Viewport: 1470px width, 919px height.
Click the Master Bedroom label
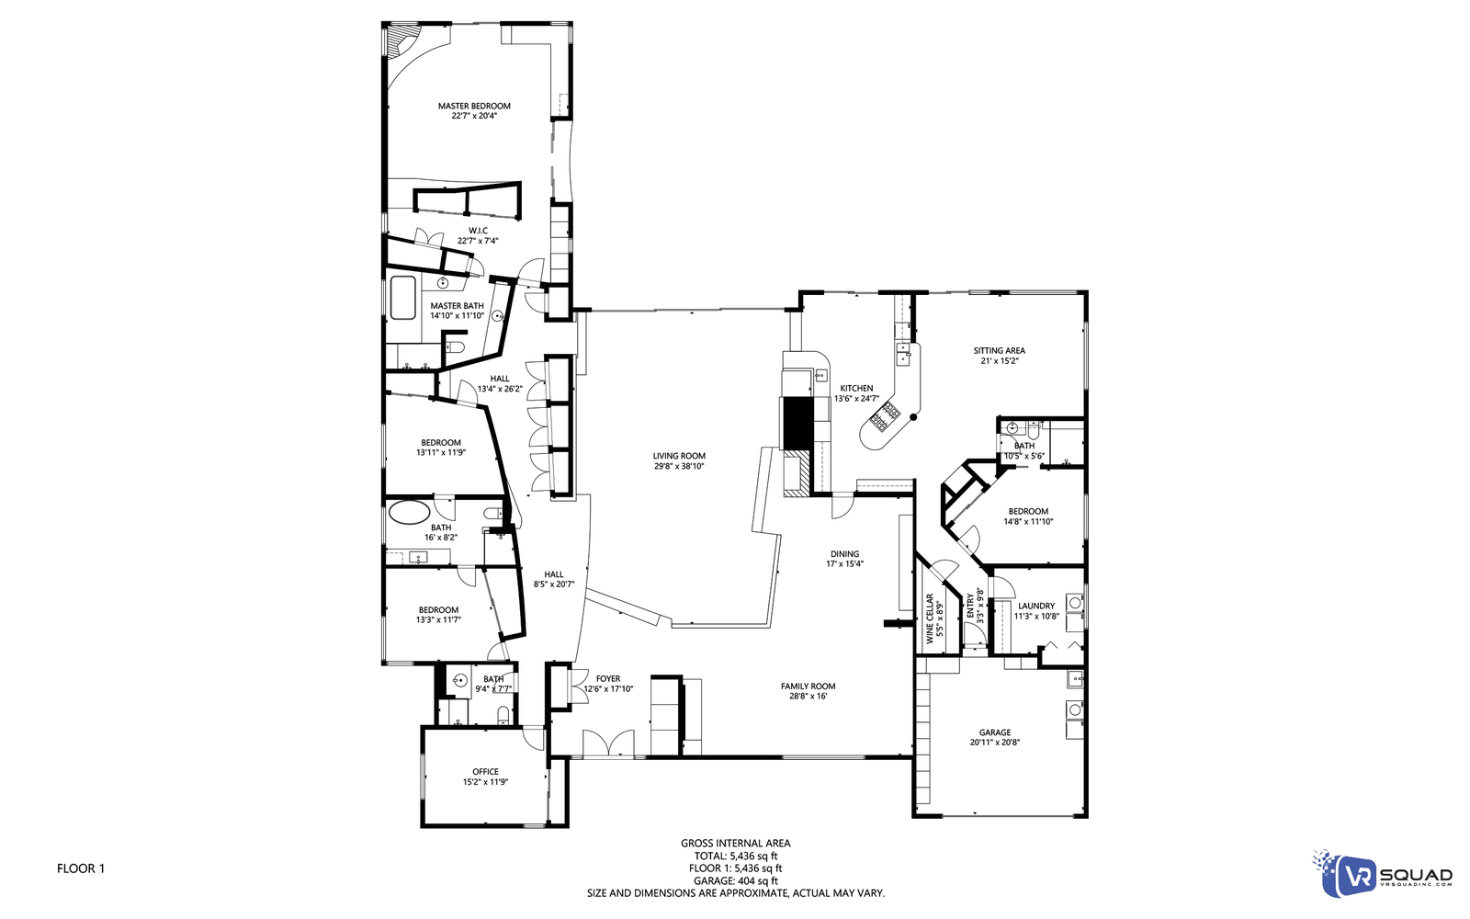coord(474,106)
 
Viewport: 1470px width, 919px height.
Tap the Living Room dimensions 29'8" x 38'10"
coord(679,466)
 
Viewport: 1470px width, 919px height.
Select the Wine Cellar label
coord(930,618)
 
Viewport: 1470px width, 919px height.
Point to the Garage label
coord(994,732)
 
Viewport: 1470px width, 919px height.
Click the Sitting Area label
coord(999,350)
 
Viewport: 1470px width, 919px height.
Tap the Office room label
coord(485,772)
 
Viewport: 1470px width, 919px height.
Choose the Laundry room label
coord(1035,606)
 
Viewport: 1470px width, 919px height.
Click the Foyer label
coord(608,679)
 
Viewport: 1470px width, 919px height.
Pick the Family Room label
coord(808,686)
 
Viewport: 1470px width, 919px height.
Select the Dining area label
coord(844,554)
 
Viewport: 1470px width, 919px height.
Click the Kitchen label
coord(856,388)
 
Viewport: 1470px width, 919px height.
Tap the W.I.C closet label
coord(478,231)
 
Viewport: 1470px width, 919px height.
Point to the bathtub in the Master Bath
coord(402,298)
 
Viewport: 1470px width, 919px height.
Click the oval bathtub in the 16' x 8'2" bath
coord(409,512)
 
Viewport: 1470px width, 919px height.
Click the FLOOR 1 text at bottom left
coord(81,868)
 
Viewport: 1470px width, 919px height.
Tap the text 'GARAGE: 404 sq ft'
coord(735,880)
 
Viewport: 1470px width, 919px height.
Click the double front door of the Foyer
coord(608,743)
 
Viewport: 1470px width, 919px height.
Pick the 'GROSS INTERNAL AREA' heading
coord(735,843)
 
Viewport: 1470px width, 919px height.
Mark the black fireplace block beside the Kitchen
coord(795,423)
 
